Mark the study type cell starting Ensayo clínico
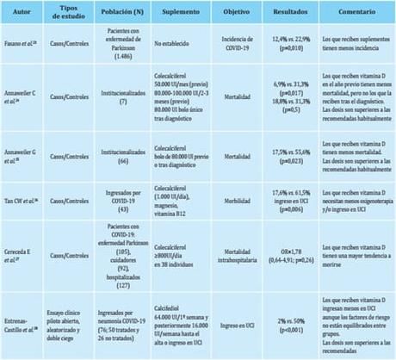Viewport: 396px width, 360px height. pos(69,322)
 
